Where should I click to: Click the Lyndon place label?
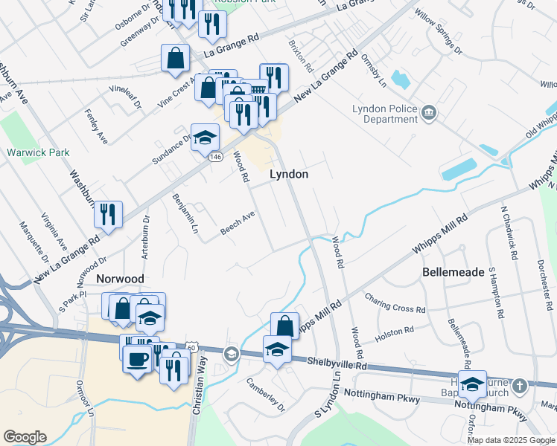pyautogui.click(x=288, y=174)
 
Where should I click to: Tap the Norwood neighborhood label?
pyautogui.click(x=120, y=279)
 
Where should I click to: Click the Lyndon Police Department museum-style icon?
pyautogui.click(x=429, y=113)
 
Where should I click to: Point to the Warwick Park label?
pyautogui.click(x=38, y=152)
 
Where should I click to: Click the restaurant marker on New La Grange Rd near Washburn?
pyautogui.click(x=108, y=214)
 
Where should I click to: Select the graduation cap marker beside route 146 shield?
pyautogui.click(x=205, y=137)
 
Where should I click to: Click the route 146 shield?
pyautogui.click(x=216, y=157)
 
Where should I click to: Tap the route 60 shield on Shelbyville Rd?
pyautogui.click(x=192, y=347)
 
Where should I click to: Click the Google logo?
pyautogui.click(x=25, y=437)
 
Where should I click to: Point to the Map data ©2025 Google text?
pyautogui.click(x=511, y=440)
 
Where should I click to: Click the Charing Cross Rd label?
pyautogui.click(x=395, y=303)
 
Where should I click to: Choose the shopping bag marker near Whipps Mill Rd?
pyautogui.click(x=284, y=325)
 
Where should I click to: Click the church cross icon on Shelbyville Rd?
pyautogui.click(x=520, y=386)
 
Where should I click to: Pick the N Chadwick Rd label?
pyautogui.click(x=509, y=233)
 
